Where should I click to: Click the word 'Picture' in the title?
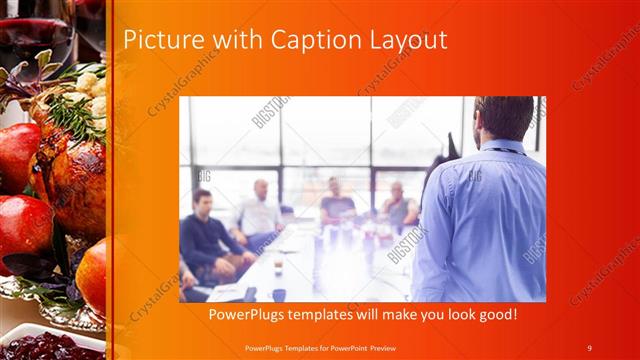159,40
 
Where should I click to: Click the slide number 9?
589,347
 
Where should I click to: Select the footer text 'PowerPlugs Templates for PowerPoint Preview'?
328,347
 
